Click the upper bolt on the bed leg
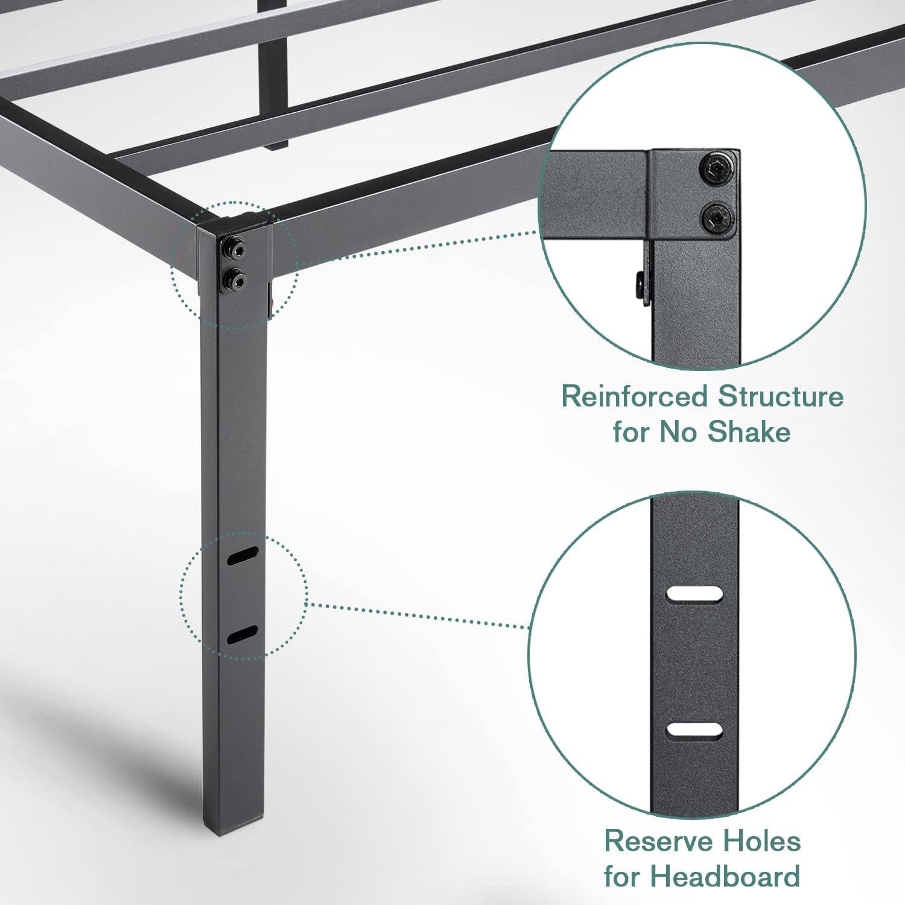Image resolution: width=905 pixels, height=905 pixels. click(x=232, y=247)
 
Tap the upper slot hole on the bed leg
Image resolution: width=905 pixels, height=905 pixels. click(x=243, y=556)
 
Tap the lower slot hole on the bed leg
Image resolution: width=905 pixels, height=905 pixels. click(x=243, y=635)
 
